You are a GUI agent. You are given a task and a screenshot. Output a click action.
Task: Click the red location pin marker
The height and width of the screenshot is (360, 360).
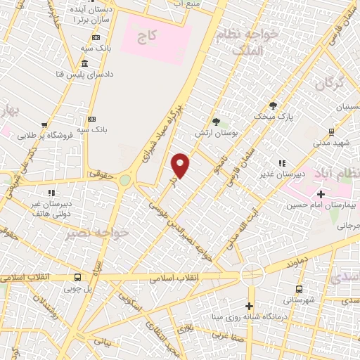click(181, 165)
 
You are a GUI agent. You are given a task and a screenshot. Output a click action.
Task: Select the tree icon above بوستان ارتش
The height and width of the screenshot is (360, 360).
click(216, 122)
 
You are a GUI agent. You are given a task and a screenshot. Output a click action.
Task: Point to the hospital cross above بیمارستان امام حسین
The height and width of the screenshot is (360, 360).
click(321, 194)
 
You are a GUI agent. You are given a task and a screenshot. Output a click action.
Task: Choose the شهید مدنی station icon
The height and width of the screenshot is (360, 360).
click(331, 131)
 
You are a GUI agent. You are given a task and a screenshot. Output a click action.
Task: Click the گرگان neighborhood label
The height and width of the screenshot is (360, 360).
click(328, 84)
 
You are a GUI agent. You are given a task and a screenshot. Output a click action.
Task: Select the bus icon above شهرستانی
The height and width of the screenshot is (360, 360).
click(300, 289)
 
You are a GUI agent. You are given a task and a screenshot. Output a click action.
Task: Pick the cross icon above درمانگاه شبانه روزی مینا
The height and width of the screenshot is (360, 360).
click(249, 306)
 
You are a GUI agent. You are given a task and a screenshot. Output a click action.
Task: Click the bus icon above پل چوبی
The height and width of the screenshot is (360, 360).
click(77, 277)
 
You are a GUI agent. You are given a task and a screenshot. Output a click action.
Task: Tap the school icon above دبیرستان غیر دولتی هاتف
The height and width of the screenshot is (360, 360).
click(51, 192)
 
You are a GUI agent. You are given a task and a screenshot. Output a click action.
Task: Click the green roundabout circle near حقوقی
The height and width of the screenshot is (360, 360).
click(125, 181)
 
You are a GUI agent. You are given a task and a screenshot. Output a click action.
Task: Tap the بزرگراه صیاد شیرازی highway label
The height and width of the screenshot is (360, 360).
click(162, 134)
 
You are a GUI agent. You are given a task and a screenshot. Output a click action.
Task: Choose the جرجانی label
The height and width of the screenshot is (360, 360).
click(347, 226)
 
